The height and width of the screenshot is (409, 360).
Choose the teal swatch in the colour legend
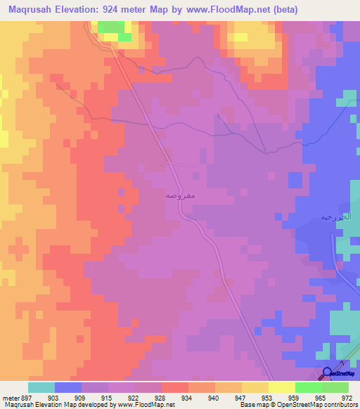[x=41, y=387]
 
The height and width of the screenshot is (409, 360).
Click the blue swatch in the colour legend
[x=68, y=387]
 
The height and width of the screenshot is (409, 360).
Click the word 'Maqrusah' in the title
[x=31, y=9]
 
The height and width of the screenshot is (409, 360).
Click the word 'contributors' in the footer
[x=340, y=405]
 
